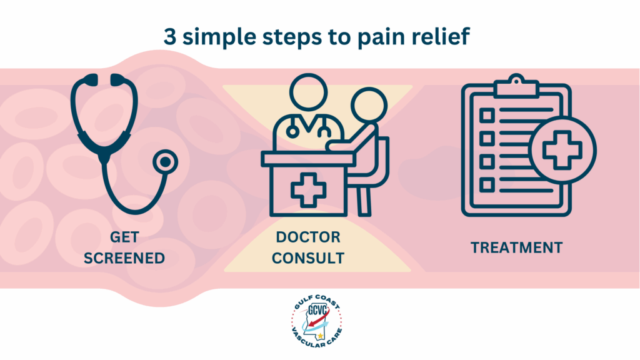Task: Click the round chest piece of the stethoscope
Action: tap(165, 162)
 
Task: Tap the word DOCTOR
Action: tap(309, 237)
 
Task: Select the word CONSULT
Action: tap(309, 258)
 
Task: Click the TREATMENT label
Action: tap(517, 247)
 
